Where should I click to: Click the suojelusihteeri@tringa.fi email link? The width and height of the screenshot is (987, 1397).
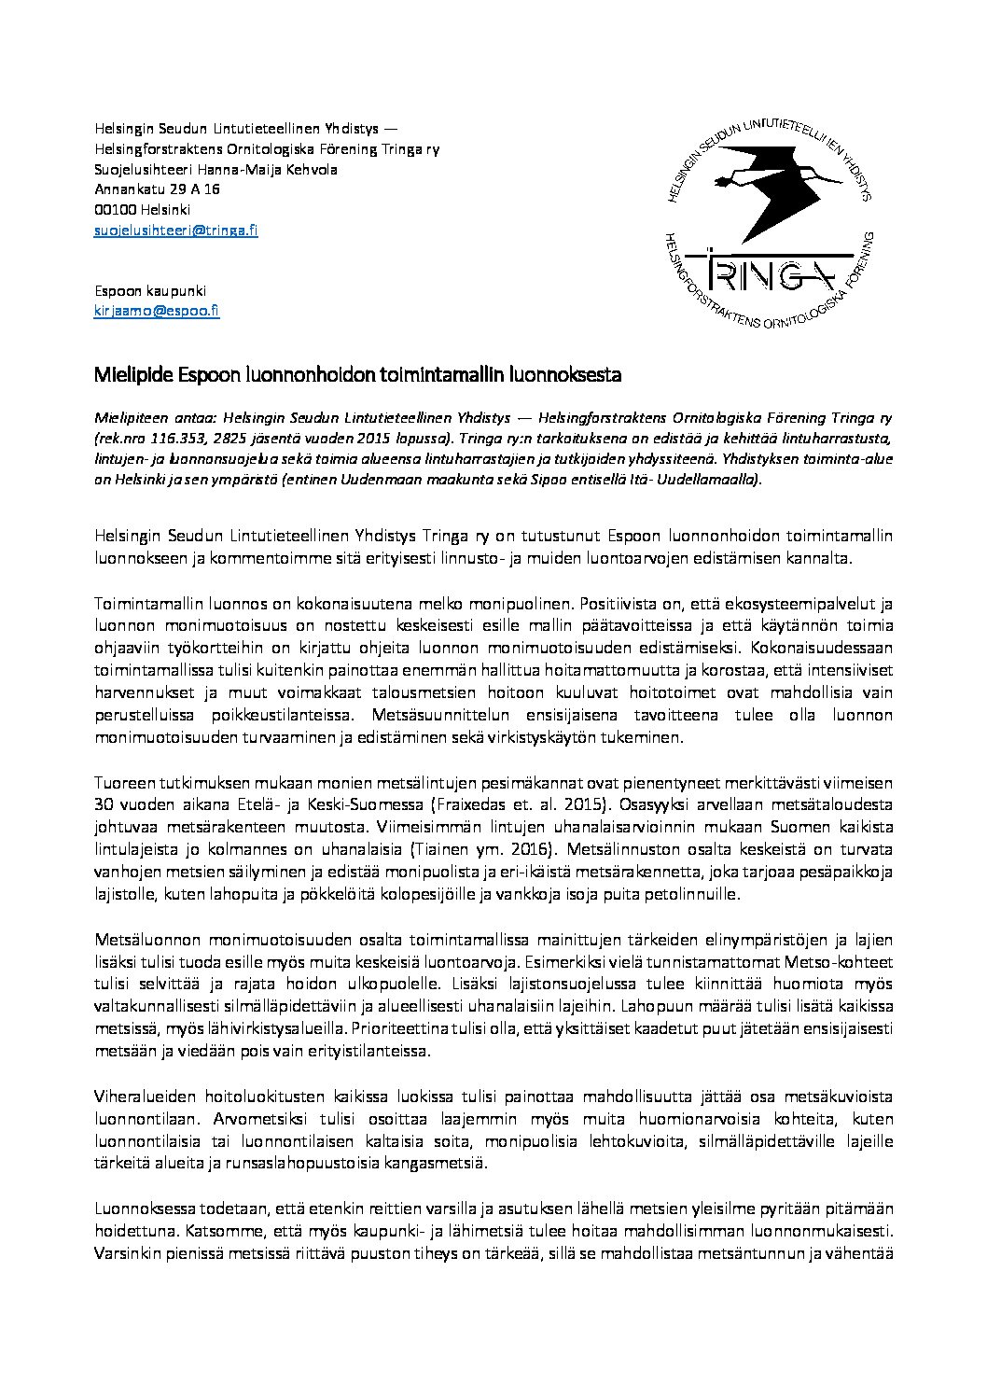pos(176,230)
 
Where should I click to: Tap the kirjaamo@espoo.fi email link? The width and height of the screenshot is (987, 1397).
pos(157,312)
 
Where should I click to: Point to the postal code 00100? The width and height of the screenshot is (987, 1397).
pos(115,210)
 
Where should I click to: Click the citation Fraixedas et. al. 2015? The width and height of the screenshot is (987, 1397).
pos(503,804)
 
